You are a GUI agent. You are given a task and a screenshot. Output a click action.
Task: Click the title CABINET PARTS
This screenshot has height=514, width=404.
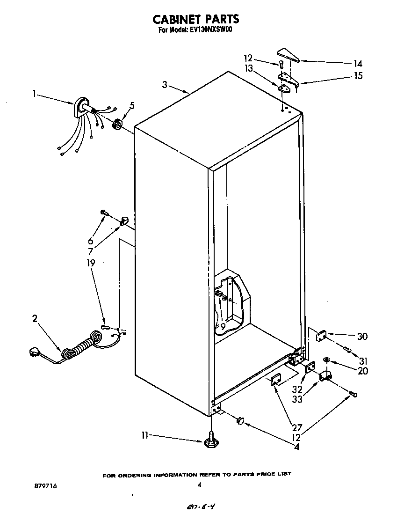[196, 19]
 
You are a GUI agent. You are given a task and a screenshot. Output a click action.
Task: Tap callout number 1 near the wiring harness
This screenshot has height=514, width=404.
[34, 93]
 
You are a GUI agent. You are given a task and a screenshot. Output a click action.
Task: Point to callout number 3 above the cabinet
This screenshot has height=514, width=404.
[165, 85]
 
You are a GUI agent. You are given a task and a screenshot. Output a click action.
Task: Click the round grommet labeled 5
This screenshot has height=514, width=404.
[117, 124]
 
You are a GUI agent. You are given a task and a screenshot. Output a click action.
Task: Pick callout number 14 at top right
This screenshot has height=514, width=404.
[358, 64]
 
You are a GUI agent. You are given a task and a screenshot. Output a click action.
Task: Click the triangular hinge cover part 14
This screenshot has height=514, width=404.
[287, 54]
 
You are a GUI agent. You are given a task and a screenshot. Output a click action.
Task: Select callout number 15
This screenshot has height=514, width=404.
[358, 75]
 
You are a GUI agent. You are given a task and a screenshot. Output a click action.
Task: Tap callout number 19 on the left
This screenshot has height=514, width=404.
[91, 263]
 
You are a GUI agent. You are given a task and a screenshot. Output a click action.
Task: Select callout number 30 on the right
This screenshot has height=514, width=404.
[362, 336]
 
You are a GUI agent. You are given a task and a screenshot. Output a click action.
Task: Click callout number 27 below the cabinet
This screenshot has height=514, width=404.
[297, 427]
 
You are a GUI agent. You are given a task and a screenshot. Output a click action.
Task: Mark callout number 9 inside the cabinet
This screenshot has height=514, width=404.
[223, 326]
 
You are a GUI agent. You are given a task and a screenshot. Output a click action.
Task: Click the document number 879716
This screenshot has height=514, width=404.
[45, 486]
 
